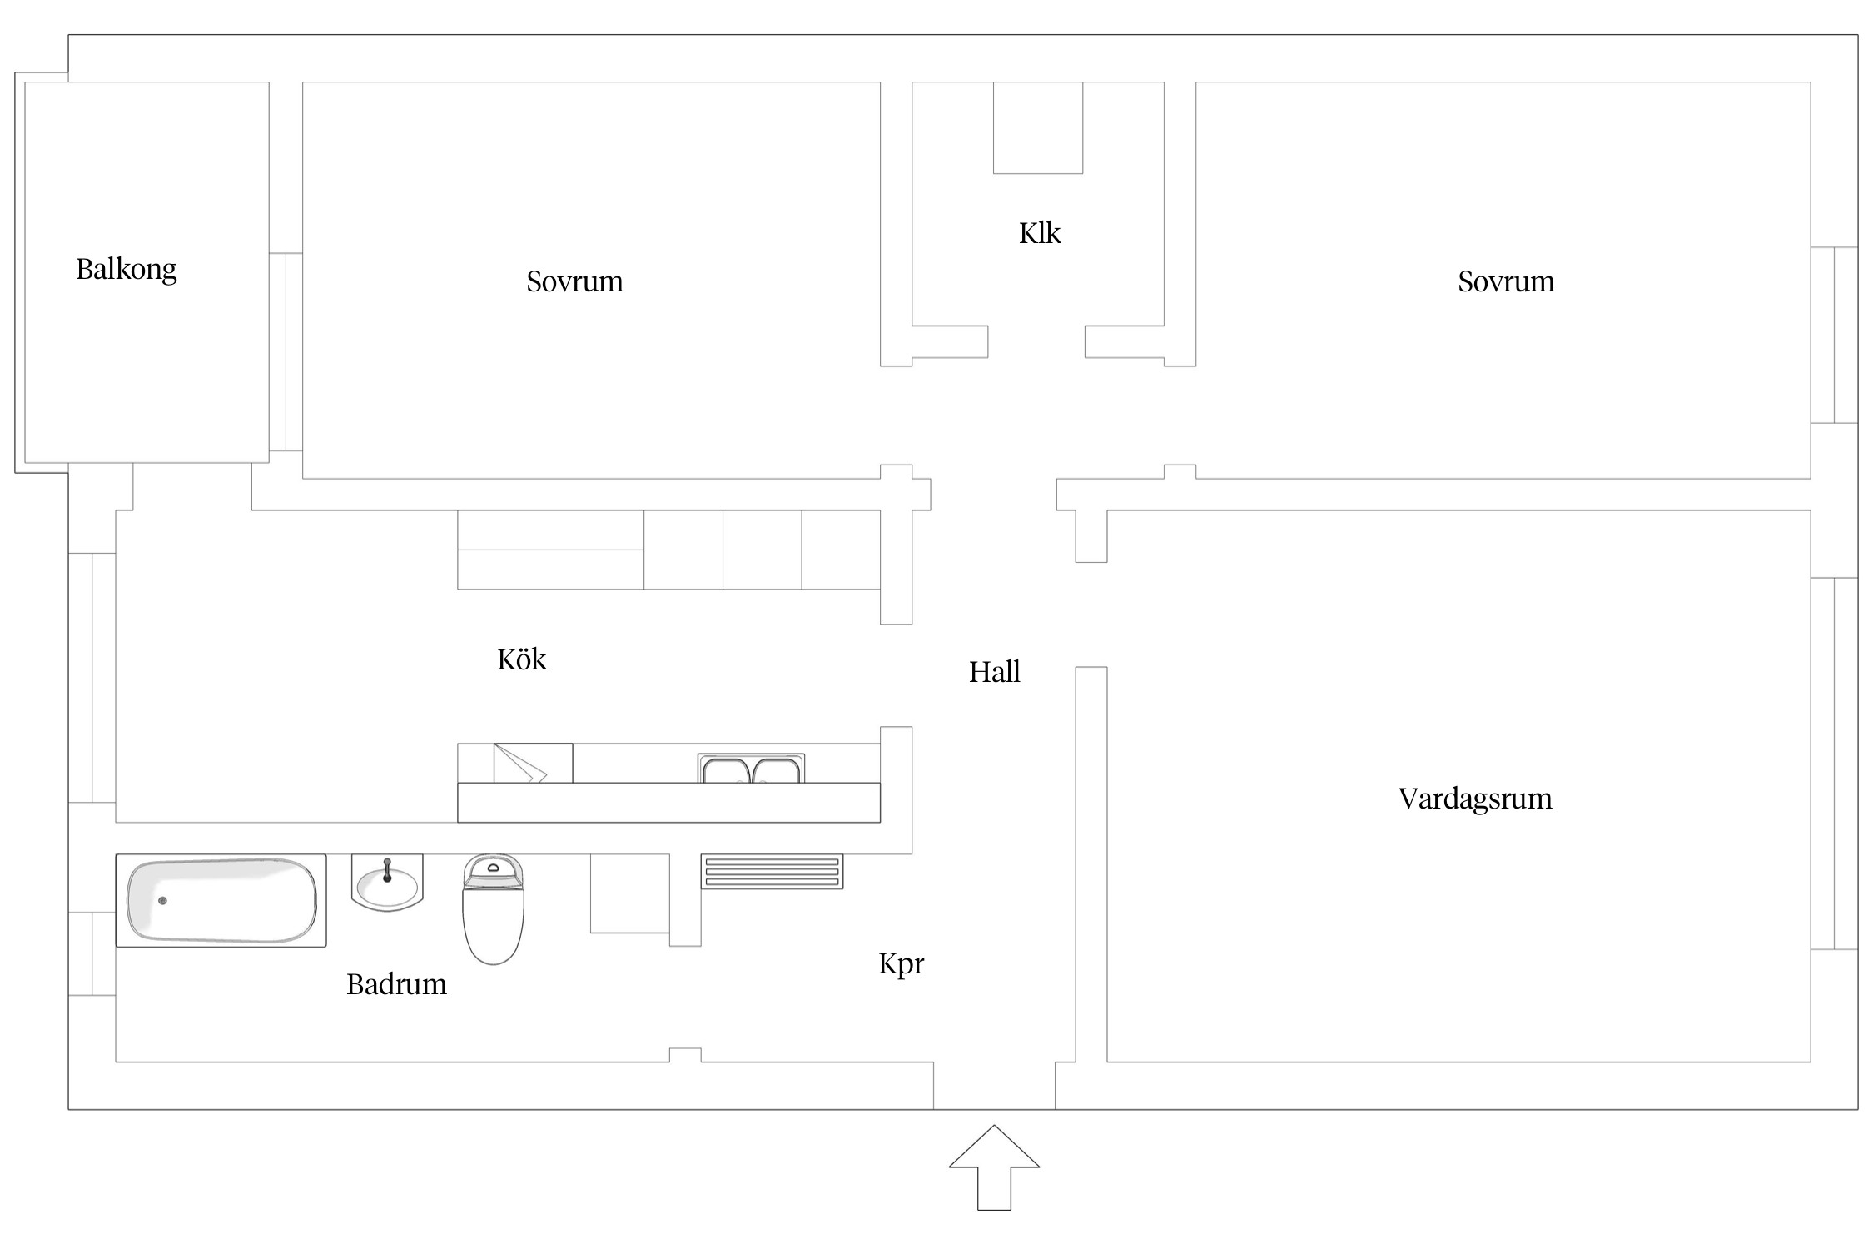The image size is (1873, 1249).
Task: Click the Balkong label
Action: pyautogui.click(x=126, y=269)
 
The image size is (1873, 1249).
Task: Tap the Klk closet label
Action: pyautogui.click(x=1039, y=233)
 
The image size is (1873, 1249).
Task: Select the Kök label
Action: pyautogui.click(x=521, y=659)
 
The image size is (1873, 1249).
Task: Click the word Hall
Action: pyautogui.click(x=994, y=672)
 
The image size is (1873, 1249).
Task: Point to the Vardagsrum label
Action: pyautogui.click(x=1474, y=799)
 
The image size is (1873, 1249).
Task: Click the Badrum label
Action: pyautogui.click(x=396, y=984)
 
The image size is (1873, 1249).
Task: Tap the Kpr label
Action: pyautogui.click(x=901, y=963)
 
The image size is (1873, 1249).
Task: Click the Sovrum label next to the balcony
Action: pyautogui.click(x=574, y=281)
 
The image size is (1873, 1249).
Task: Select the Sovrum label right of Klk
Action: pyautogui.click(x=1505, y=281)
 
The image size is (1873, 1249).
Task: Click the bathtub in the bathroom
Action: pyautogui.click(x=221, y=900)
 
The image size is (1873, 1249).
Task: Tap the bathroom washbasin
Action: pyautogui.click(x=387, y=884)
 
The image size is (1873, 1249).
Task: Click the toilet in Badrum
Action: pyautogui.click(x=493, y=912)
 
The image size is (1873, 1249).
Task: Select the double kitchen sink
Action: pyautogui.click(x=751, y=769)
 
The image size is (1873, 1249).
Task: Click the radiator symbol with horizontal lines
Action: pyautogui.click(x=772, y=871)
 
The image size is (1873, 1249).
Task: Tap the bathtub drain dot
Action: pyautogui.click(x=162, y=901)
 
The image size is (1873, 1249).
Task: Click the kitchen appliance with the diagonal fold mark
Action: pyautogui.click(x=533, y=763)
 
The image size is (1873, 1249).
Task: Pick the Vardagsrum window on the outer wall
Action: pyautogui.click(x=1833, y=763)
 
